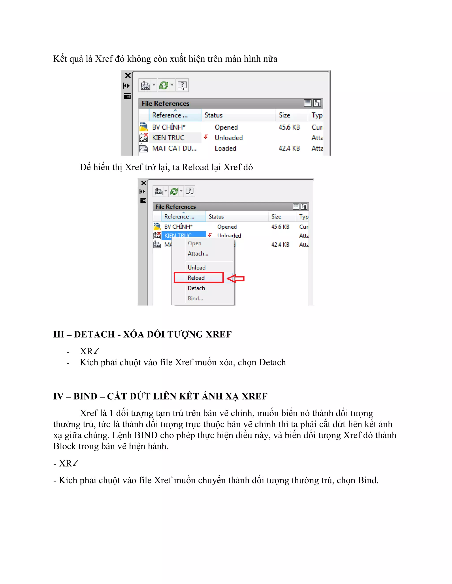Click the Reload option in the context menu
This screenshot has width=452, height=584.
pyautogui.click(x=196, y=277)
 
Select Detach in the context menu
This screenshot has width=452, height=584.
pyautogui.click(x=196, y=288)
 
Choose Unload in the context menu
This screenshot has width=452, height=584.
pyautogui.click(x=197, y=267)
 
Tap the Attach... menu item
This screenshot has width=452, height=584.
pyautogui.click(x=198, y=253)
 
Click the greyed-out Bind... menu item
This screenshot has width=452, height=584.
pyautogui.click(x=196, y=298)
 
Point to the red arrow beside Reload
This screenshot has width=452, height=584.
pyautogui.click(x=236, y=278)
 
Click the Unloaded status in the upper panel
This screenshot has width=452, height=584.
pyautogui.click(x=229, y=138)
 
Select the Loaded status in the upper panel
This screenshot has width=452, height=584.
pyautogui.click(x=226, y=148)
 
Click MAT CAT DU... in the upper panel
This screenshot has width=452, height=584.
pyautogui.click(x=174, y=148)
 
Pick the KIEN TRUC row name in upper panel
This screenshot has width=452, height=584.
pyautogui.click(x=168, y=138)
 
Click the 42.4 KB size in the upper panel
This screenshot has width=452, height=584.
pyautogui.click(x=289, y=148)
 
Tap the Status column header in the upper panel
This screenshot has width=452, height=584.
pyautogui.click(x=213, y=115)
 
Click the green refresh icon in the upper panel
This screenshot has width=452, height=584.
pyautogui.click(x=163, y=86)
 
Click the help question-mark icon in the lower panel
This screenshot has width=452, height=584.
pyautogui.click(x=190, y=191)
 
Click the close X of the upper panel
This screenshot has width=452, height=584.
pyautogui.click(x=128, y=75)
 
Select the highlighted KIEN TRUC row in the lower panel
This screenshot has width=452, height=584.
pyautogui.click(x=178, y=235)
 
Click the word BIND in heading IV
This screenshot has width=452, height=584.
pyautogui.click(x=85, y=396)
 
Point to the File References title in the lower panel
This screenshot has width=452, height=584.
pyautogui.click(x=175, y=207)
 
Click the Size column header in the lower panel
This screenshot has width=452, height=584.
pyautogui.click(x=276, y=217)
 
